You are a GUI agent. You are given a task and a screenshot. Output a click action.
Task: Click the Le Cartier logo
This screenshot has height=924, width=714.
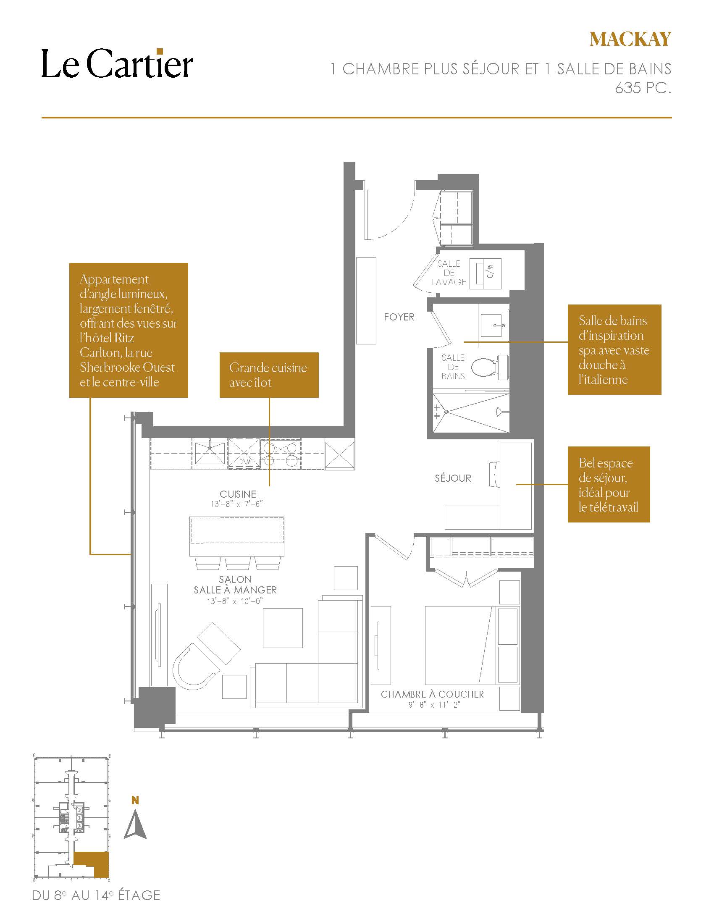pyautogui.click(x=117, y=63)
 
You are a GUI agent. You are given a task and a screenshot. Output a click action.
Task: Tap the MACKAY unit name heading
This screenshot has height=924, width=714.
pyautogui.click(x=630, y=39)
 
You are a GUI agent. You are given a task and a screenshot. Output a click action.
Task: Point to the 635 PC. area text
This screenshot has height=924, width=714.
pyautogui.click(x=643, y=88)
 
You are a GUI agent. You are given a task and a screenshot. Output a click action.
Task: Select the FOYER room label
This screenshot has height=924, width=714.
pyautogui.click(x=399, y=317)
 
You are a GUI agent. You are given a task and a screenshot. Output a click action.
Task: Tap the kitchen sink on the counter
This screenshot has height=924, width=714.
pyautogui.click(x=210, y=453)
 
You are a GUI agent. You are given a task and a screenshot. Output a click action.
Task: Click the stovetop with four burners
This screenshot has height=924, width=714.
pyautogui.click(x=281, y=453)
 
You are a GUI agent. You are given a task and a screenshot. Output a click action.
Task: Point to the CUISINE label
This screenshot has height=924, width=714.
pyautogui.click(x=238, y=494)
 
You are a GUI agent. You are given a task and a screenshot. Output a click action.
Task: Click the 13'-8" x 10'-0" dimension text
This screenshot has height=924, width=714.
pyautogui.click(x=235, y=601)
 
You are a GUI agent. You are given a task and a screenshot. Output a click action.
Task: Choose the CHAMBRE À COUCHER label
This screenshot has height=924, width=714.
pyautogui.click(x=432, y=694)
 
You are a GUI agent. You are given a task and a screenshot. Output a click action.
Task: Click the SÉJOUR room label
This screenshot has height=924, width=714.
pyautogui.click(x=453, y=478)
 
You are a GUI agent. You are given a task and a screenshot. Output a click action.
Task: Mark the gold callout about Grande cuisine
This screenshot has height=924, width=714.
pyautogui.click(x=269, y=375)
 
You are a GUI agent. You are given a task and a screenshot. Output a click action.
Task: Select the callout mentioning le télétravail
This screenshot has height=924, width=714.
pyautogui.click(x=609, y=484)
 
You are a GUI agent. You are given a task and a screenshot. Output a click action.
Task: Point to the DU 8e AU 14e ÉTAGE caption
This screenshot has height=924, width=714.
pyautogui.click(x=97, y=895)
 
